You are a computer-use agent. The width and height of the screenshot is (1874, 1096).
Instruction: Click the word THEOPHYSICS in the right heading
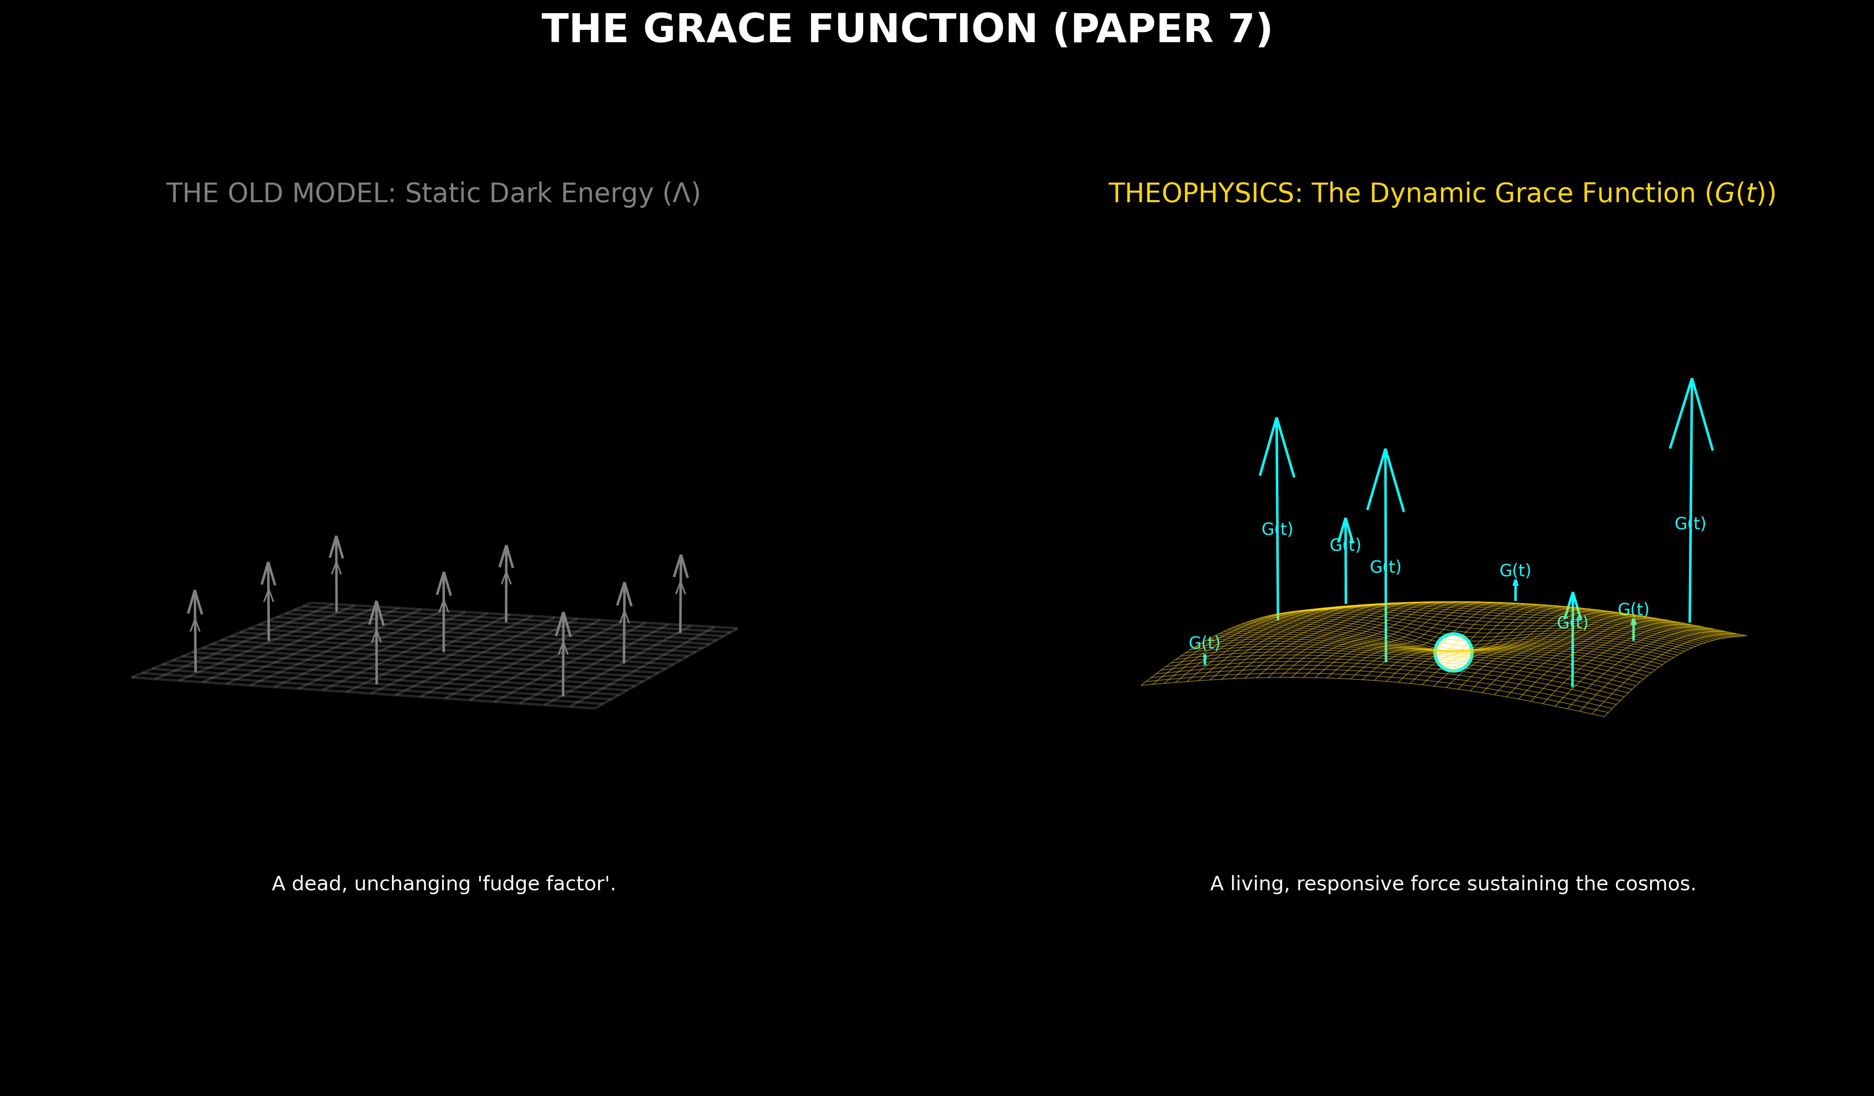(1205, 193)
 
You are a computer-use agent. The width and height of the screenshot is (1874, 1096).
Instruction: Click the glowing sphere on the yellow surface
(1453, 653)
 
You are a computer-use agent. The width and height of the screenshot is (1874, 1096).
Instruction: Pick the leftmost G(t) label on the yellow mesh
(1204, 643)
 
